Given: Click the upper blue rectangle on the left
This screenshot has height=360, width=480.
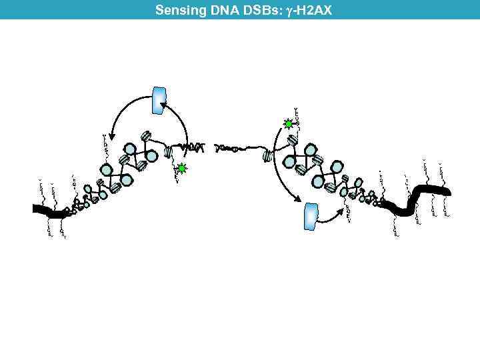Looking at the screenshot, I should pos(160,100).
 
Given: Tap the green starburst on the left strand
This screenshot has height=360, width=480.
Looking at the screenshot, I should pos(182,169).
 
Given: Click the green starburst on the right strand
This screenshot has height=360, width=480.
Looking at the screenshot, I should pos(289,124).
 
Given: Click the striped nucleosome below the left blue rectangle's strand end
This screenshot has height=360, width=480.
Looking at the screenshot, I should pos(169,153).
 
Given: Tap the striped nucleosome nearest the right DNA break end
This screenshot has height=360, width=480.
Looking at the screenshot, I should pos(268,156).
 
